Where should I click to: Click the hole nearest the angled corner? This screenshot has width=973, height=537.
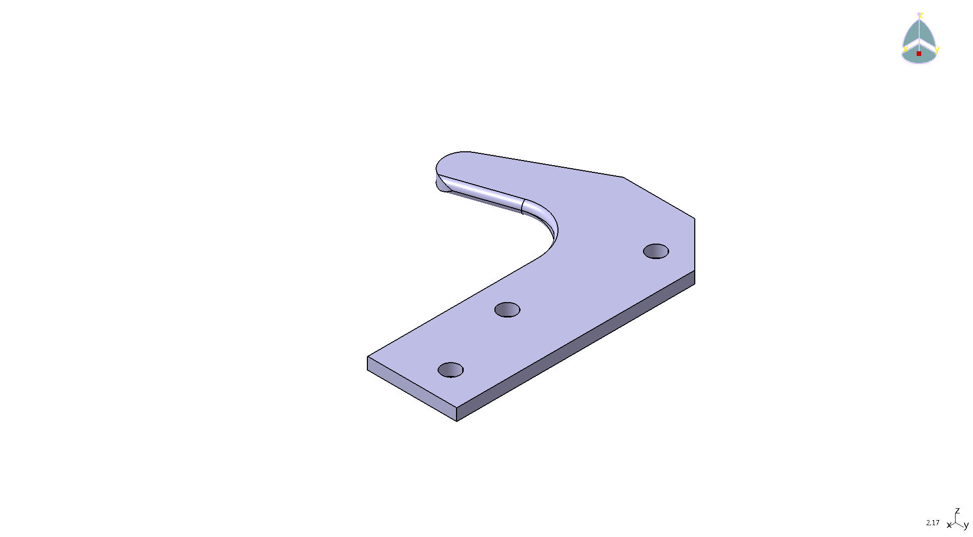click(x=656, y=251)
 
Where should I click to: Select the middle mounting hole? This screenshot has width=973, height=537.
click(x=507, y=310)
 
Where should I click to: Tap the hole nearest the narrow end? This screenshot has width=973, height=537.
click(x=451, y=370)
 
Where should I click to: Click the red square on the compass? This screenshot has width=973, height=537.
click(x=919, y=53)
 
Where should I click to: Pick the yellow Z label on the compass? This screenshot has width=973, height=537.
click(x=921, y=16)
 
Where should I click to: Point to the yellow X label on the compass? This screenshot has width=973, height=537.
click(x=906, y=49)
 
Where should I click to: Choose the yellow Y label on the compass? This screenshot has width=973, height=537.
click(x=937, y=50)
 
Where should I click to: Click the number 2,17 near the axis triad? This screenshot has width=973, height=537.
click(x=933, y=523)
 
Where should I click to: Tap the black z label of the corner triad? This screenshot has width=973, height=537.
click(x=957, y=511)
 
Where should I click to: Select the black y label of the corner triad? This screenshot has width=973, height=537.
click(x=966, y=525)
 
